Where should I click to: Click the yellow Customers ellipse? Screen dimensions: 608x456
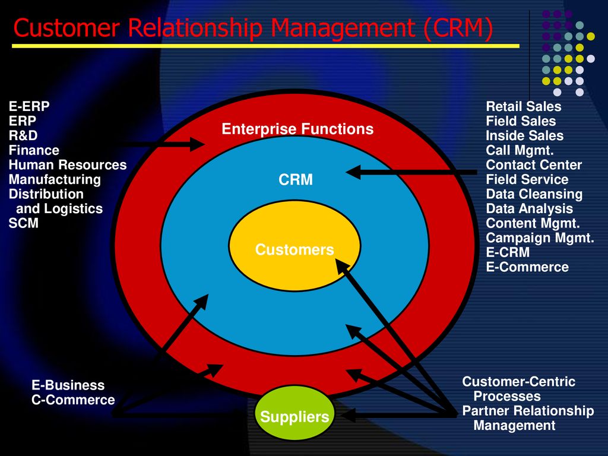(294, 245)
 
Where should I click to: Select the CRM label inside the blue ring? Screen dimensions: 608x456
(296, 179)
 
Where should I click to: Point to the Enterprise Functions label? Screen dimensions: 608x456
(297, 129)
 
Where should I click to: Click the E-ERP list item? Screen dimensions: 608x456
(29, 106)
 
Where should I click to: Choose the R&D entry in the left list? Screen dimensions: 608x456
(23, 135)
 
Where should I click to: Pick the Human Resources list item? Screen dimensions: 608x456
(68, 165)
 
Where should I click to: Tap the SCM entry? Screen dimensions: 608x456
(24, 223)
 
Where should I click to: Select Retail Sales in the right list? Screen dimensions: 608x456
(524, 106)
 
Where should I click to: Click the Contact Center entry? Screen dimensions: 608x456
(534, 165)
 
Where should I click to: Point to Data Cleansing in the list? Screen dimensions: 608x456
(534, 194)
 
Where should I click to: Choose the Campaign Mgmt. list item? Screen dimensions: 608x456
(540, 237)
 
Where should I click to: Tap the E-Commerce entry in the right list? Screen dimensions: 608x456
(527, 267)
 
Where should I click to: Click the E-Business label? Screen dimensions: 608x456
(68, 385)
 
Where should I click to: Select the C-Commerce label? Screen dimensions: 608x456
(73, 400)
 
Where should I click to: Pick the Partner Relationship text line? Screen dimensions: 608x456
(528, 411)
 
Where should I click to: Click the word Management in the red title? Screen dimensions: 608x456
(343, 28)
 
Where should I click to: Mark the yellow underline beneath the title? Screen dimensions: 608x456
(265, 46)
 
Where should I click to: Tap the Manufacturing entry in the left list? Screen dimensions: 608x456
(55, 179)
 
